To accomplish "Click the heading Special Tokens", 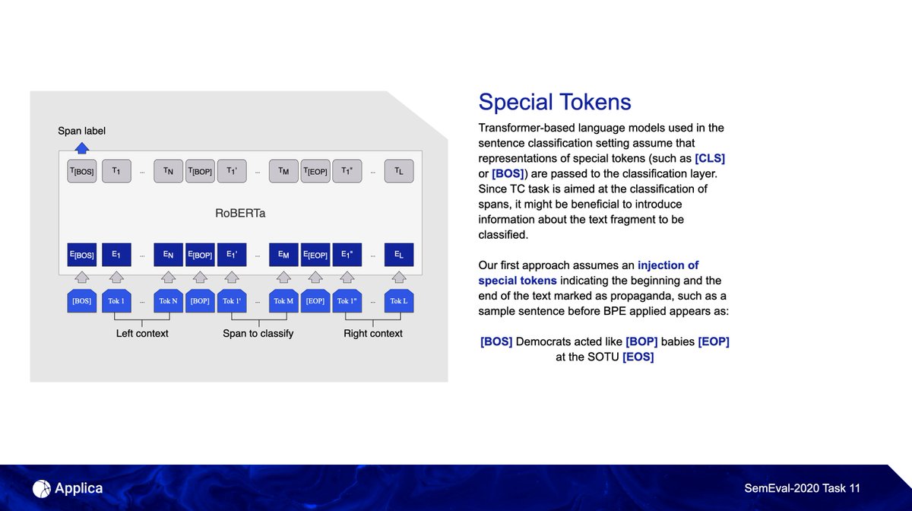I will tap(555, 102).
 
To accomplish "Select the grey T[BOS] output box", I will tap(82, 172).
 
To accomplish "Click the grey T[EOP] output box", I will tap(315, 172).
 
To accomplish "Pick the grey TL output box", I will tap(399, 172).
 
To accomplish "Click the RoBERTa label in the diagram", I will tap(239, 214).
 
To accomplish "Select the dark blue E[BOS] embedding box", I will tap(82, 255).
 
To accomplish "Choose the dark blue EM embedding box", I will tap(283, 255).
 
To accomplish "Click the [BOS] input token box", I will tap(82, 301).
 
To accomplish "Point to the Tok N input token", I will tap(169, 301).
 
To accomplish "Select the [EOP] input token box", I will tap(315, 301).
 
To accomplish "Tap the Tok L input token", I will tap(399, 301).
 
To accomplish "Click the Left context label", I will tap(142, 333).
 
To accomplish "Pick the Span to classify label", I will tap(258, 333).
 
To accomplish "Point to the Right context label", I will tap(373, 333).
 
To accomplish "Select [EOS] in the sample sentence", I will tap(638, 357).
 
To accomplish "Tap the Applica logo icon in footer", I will tap(42, 488).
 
